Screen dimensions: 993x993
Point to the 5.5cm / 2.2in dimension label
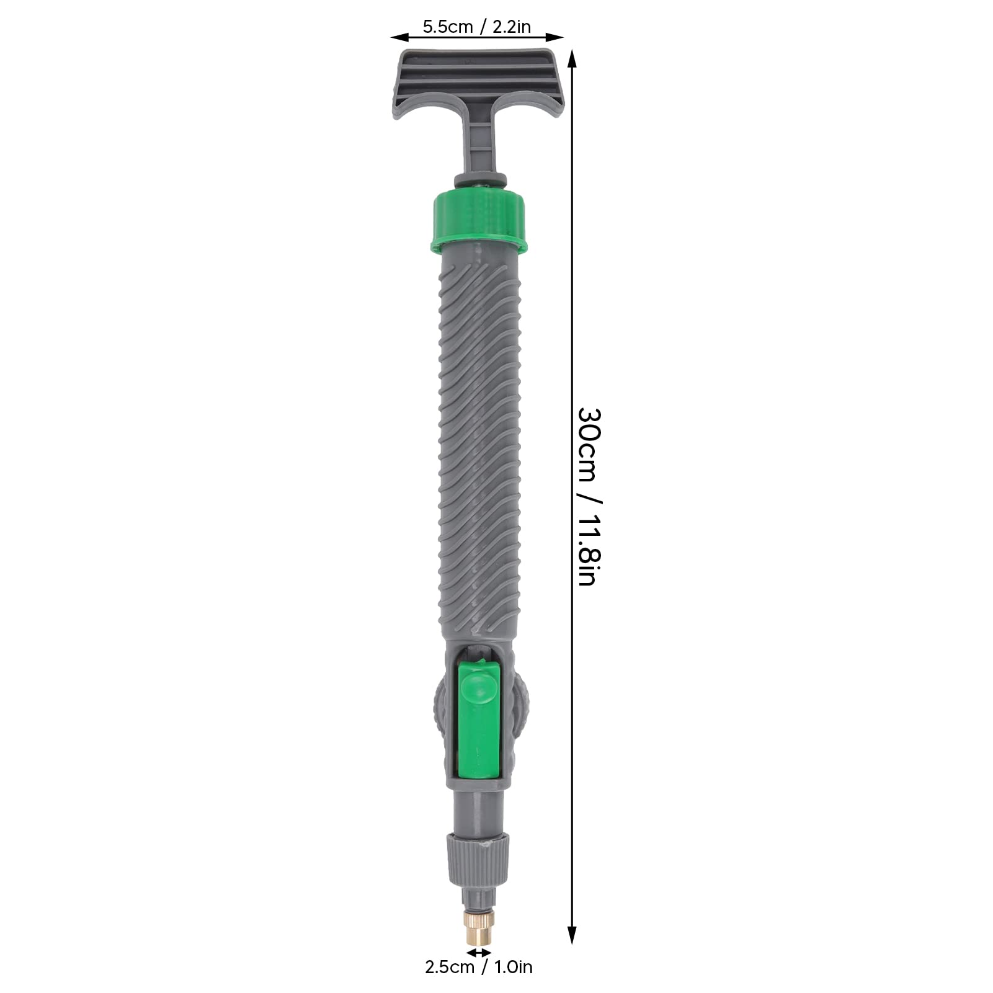tap(476, 27)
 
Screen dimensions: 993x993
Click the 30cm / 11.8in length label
tap(587, 497)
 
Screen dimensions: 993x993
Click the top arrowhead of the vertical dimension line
tap(572, 60)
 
